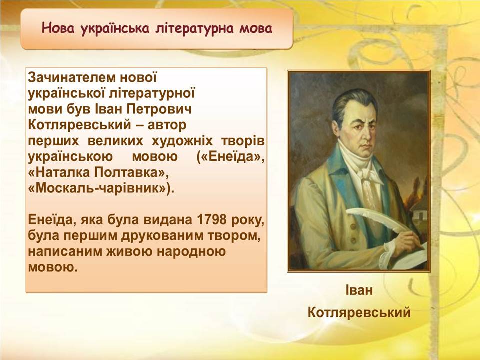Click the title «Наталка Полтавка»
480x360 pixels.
pyautogui.click(x=98, y=173)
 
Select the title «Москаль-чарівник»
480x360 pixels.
pyautogui.click(x=101, y=188)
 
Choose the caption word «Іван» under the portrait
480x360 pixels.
pyautogui.click(x=359, y=290)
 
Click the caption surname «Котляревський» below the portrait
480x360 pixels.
pyautogui.click(x=359, y=313)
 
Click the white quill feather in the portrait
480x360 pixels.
pyautogui.click(x=376, y=219)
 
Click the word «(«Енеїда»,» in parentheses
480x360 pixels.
pyautogui.click(x=230, y=157)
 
